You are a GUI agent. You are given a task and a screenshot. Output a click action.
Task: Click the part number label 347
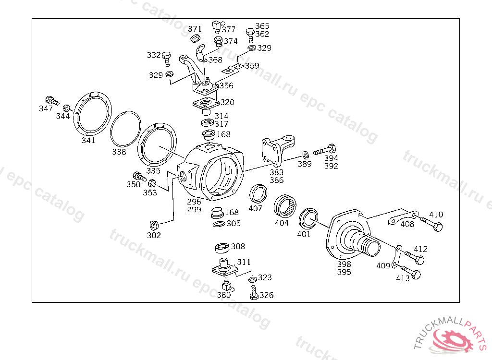click(x=46, y=108)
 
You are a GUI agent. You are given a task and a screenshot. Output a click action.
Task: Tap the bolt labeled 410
click(x=432, y=223)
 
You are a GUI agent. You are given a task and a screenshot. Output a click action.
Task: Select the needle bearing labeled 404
click(x=285, y=206)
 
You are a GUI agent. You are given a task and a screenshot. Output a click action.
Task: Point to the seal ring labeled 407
click(x=258, y=194)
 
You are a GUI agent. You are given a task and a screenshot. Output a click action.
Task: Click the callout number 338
click(x=119, y=152)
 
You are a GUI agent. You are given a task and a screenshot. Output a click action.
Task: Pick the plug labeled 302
click(x=154, y=225)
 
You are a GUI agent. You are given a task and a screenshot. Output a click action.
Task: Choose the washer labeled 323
click(x=253, y=279)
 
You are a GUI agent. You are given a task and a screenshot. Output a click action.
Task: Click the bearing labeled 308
click(x=222, y=248)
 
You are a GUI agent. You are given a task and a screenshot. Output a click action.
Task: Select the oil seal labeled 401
click(x=308, y=218)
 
